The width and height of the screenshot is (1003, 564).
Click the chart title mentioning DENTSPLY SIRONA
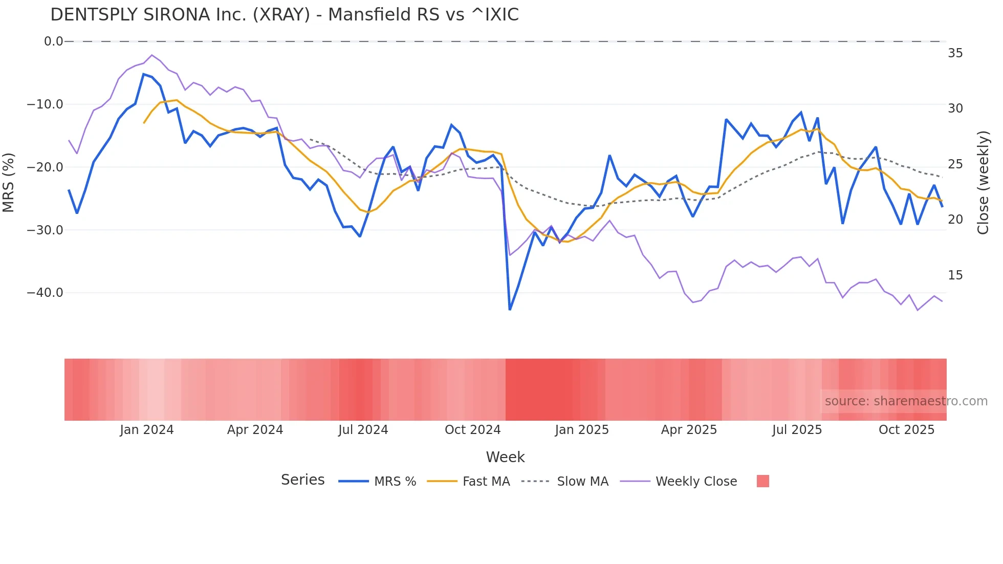click(285, 15)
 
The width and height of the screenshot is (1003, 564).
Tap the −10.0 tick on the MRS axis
click(45, 104)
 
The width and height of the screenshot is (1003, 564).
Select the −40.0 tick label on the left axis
click(45, 293)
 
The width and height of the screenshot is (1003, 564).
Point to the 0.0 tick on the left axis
click(53, 41)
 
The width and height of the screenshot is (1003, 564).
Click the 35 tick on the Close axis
click(955, 53)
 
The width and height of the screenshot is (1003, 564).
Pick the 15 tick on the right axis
click(955, 275)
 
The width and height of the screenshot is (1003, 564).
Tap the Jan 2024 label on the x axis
click(147, 430)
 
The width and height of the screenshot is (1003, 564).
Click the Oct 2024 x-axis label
click(472, 430)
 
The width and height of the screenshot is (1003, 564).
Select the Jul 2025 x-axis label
click(797, 430)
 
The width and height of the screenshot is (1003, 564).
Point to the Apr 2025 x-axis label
click(689, 430)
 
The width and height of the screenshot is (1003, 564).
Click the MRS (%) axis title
click(9, 182)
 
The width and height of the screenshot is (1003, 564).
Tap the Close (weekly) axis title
click(983, 182)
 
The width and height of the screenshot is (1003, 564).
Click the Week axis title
click(505, 457)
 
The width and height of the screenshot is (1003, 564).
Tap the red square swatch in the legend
click(762, 481)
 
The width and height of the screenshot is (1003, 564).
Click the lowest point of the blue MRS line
click(510, 310)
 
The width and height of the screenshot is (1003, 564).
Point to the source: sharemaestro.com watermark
click(906, 401)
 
